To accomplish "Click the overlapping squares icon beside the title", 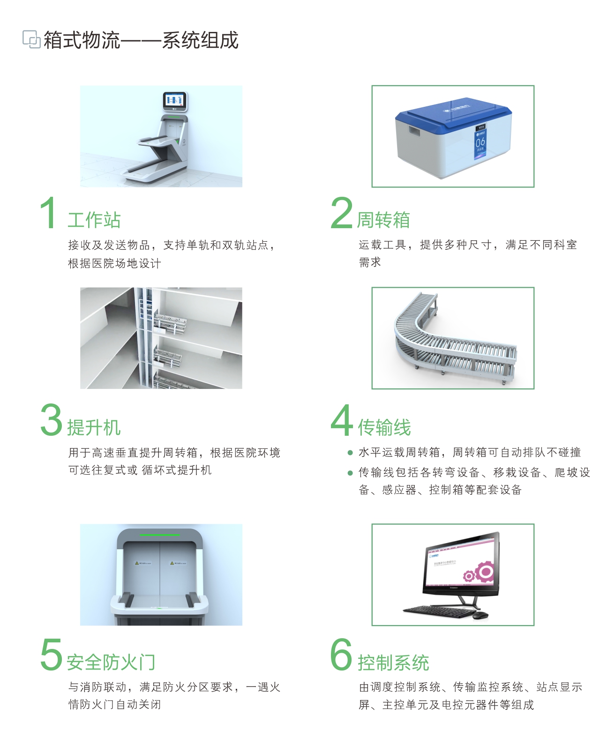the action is (31, 39).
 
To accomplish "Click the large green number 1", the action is (48, 213).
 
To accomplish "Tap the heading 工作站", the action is (94, 220).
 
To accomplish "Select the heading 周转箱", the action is (383, 220).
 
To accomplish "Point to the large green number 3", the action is (51, 420).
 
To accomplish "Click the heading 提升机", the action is (94, 427).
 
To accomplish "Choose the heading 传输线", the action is (384, 427).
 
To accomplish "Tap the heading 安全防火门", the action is (111, 662).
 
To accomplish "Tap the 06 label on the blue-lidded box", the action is (480, 142).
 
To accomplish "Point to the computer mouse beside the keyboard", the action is (480, 615).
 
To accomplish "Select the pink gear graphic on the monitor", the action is (480, 573).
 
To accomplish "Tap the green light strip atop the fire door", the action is (159, 535).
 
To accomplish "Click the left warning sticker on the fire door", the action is (143, 563).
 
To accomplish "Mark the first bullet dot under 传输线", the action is (350, 453).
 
